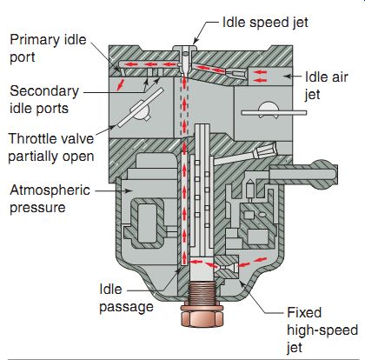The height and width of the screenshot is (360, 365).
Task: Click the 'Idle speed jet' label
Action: pos(265,23)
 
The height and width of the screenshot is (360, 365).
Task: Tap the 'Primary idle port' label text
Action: pos(48,49)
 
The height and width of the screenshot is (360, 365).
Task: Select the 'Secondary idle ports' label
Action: pos(44,100)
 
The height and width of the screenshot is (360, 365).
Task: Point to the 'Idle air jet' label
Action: pos(326,86)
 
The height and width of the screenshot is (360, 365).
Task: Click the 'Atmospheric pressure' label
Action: pos(50,199)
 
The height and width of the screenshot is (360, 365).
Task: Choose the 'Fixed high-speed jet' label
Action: pos(322,330)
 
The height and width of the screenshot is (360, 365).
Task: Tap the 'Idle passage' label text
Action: pos(126,298)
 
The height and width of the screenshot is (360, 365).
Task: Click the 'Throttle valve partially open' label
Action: pos(51,147)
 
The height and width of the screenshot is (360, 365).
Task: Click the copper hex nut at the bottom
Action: pos(202,316)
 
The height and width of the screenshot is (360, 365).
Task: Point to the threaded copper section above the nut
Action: pos(202,293)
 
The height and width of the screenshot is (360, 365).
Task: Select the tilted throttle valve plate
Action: pos(141,107)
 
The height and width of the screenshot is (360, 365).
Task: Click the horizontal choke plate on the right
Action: pos(274,113)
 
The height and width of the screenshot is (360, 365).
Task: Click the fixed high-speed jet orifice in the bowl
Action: pos(227,267)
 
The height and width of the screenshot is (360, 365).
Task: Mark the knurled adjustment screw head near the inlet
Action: pos(263,150)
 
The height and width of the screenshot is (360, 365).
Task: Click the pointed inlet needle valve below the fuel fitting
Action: pos(249,190)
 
